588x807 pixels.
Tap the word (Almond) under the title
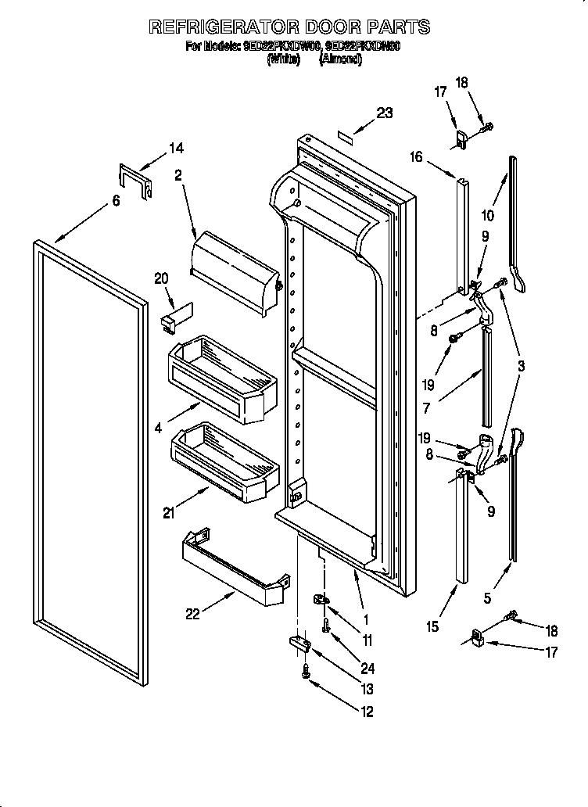[340, 59]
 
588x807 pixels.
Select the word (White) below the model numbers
[283, 59]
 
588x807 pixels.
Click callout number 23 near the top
[384, 113]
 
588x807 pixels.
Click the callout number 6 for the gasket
[115, 201]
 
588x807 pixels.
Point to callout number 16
[416, 157]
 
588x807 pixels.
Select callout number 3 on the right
[521, 365]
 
